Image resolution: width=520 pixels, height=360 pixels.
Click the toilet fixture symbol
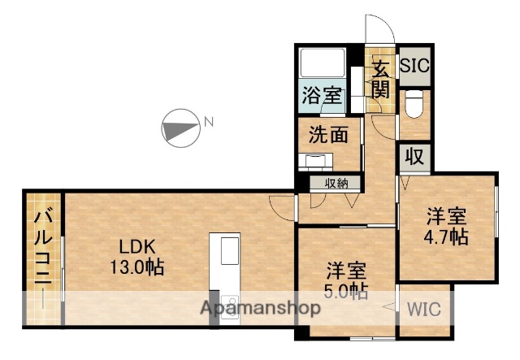click(414, 103)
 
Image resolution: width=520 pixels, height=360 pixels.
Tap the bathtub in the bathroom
click(323, 65)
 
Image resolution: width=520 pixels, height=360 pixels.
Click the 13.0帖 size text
click(138, 267)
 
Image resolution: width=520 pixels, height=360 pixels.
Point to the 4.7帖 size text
click(448, 236)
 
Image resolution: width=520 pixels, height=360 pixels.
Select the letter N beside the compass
click(209, 123)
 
